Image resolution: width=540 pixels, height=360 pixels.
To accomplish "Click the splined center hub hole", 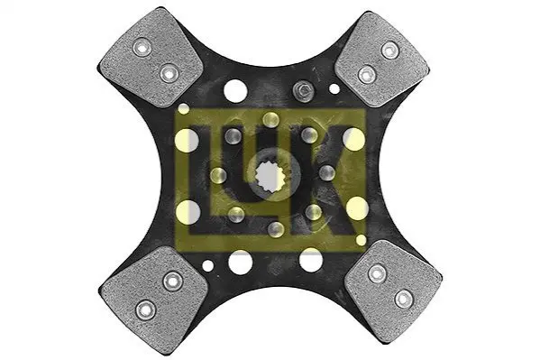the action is pos(270,176).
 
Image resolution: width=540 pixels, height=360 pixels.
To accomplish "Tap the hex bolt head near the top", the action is pos(303,90).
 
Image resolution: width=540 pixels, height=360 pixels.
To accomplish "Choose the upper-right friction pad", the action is pos(382,60).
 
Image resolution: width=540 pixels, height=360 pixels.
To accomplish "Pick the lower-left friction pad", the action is pos(154,297).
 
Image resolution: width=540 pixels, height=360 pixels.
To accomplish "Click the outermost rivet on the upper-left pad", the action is pos(142,47).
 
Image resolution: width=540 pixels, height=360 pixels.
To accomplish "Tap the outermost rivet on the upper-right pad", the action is pos(390,51).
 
